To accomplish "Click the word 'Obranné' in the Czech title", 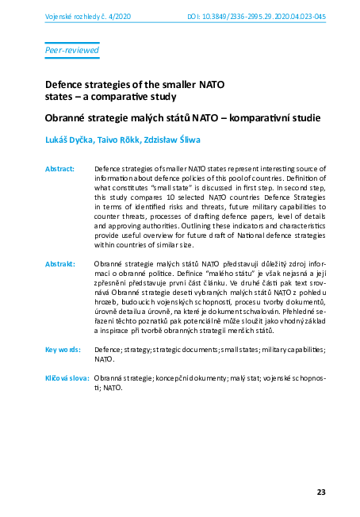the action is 68,118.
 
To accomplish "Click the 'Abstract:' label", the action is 60,169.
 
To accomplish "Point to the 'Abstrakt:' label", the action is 60,262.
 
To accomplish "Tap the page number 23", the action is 321,492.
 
